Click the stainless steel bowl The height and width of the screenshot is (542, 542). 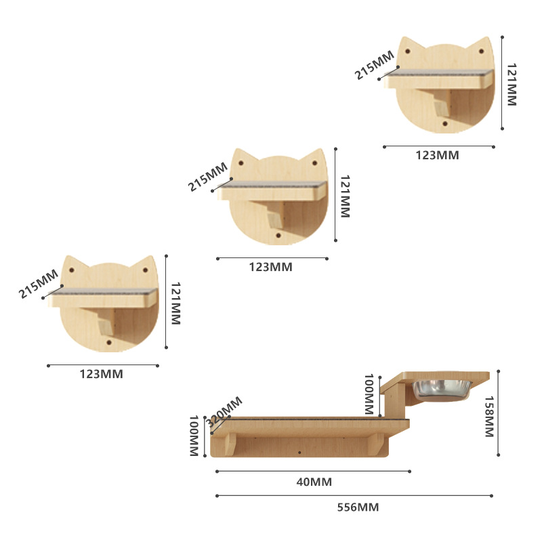pyautogui.click(x=442, y=391)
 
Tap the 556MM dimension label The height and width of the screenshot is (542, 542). pyautogui.click(x=358, y=507)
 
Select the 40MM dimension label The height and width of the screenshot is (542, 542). pyautogui.click(x=314, y=482)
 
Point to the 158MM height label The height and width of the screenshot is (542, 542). pyautogui.click(x=489, y=417)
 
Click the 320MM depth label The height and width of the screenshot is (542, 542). pyautogui.click(x=224, y=413)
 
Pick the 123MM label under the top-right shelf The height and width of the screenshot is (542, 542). pyautogui.click(x=437, y=155)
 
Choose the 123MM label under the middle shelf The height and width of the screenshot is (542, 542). pyautogui.click(x=270, y=267)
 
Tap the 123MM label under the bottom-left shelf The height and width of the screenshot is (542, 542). pyautogui.click(x=101, y=374)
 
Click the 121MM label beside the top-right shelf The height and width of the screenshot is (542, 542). pyautogui.click(x=512, y=84)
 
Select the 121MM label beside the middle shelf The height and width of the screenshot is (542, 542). pyautogui.click(x=345, y=196)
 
